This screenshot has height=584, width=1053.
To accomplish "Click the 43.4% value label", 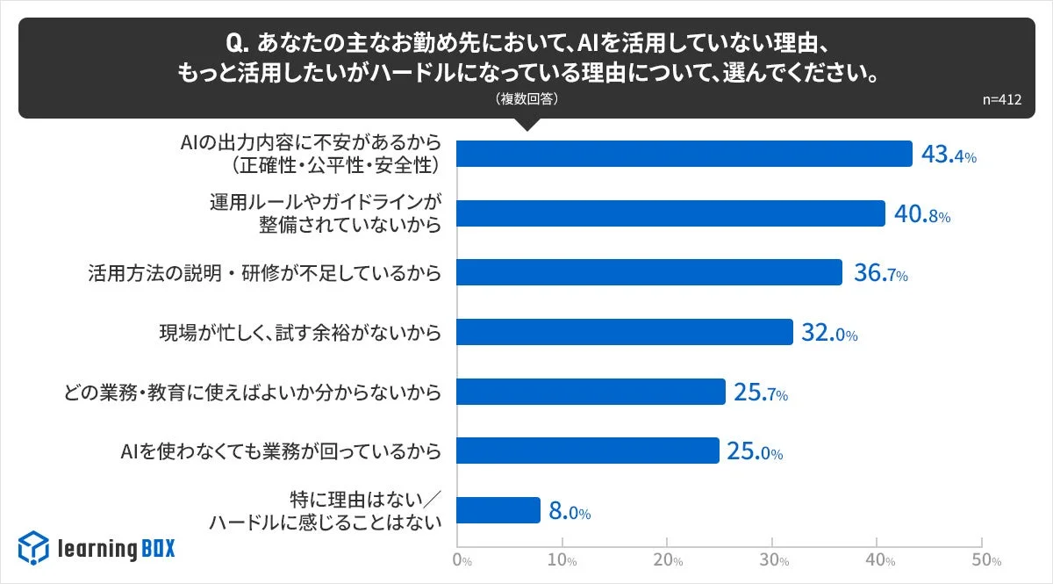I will [x=949, y=155].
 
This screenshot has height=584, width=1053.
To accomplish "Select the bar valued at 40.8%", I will [x=671, y=213].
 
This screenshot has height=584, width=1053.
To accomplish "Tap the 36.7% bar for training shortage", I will [x=649, y=272].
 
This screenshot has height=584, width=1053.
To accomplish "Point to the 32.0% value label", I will [x=828, y=333].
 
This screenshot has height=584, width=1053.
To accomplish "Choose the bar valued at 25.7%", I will [x=591, y=392].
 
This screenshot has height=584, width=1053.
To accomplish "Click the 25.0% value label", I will [x=754, y=452].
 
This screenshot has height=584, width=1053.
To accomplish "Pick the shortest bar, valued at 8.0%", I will [x=498, y=510].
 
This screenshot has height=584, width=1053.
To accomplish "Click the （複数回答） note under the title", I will [x=526, y=99].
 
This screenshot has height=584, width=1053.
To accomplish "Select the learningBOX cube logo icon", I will [x=33, y=548].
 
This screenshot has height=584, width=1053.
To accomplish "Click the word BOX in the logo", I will [x=158, y=549].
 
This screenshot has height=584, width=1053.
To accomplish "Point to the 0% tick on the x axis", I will [x=462, y=560].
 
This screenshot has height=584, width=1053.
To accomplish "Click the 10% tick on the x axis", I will [x=562, y=560].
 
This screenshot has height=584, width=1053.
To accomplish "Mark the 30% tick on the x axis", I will [x=773, y=560].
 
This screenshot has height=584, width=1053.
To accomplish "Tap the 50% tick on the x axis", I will [x=984, y=560].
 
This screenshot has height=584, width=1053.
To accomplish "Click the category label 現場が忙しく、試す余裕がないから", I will [x=298, y=333].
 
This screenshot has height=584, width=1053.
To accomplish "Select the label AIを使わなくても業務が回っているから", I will [x=280, y=451].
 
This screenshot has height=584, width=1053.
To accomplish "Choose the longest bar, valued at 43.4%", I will [x=684, y=154].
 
